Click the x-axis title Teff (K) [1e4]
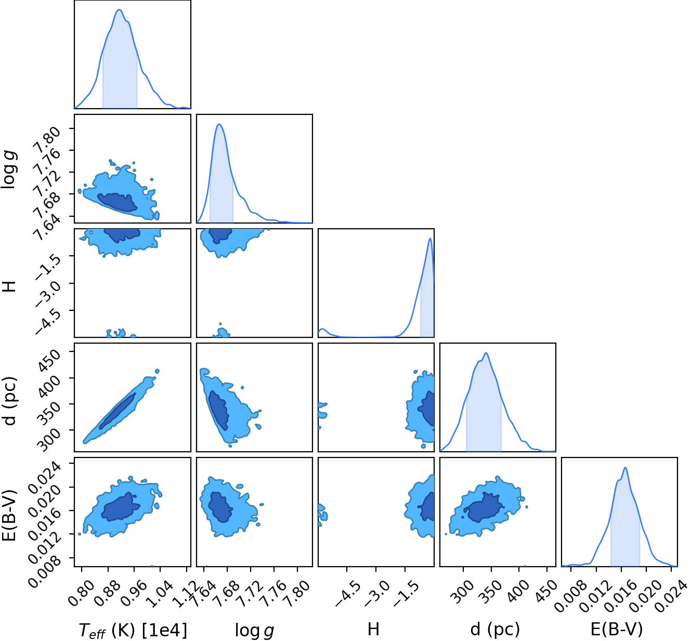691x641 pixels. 133,630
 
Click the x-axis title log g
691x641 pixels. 255,630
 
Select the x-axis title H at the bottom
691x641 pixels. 374,629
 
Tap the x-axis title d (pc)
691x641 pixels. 495,630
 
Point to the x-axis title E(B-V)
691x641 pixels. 617,630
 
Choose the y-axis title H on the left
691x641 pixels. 10,286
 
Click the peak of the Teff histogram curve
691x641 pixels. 120,9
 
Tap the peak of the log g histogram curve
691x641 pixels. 219,124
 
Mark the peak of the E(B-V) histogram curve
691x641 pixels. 625,467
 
